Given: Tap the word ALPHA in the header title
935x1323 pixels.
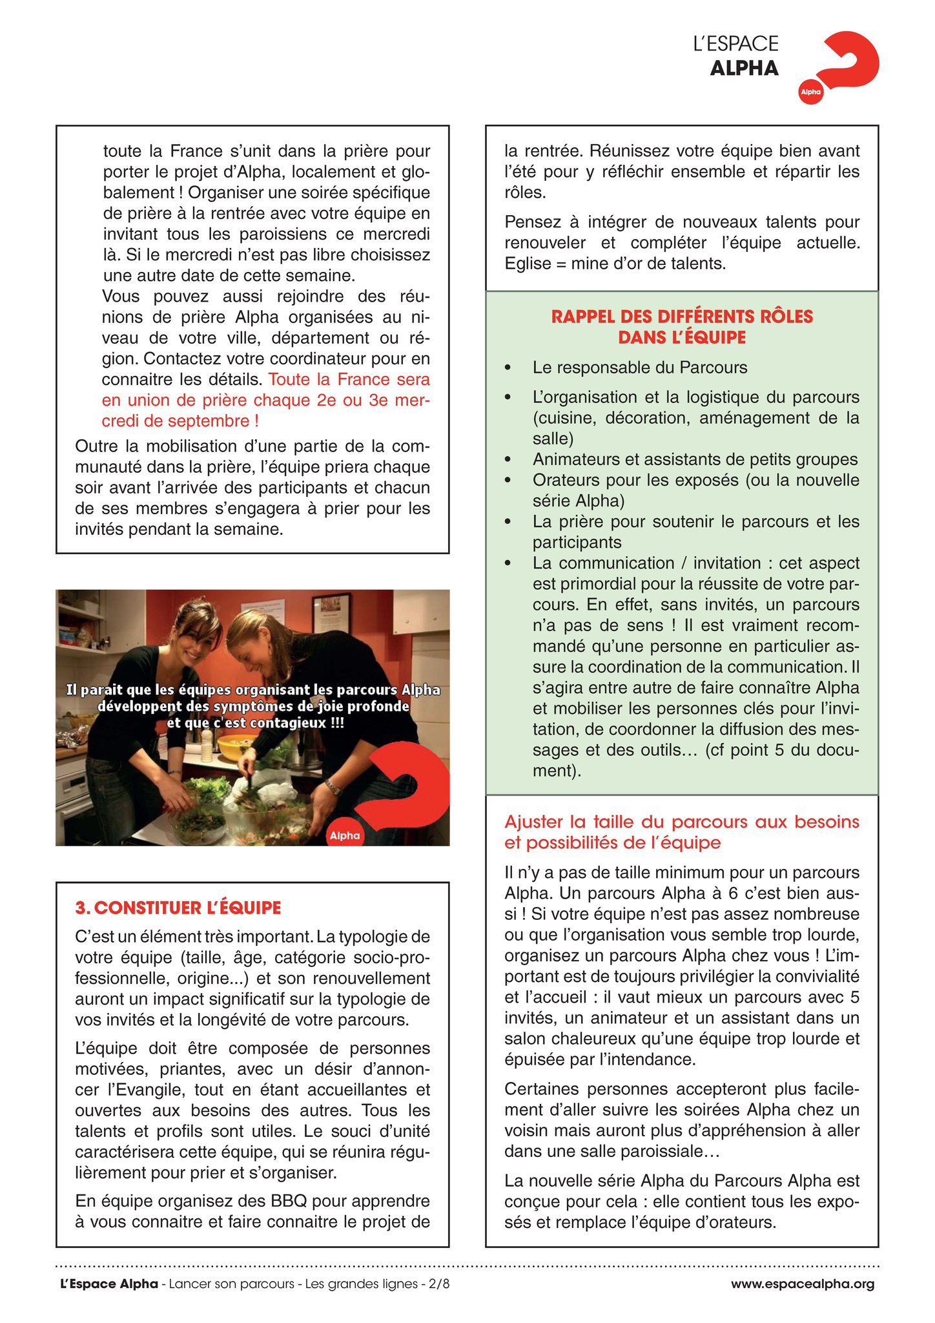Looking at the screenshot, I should point(744,68).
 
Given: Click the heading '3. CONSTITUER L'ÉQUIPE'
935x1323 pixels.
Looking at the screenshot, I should point(178,908).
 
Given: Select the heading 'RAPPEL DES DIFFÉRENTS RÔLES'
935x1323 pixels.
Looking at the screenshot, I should point(682,317).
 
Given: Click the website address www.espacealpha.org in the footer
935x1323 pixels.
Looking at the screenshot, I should point(803,1284).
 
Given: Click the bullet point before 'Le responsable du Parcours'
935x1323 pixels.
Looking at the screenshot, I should point(508,368).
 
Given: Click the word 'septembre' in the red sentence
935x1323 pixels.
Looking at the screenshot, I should point(216,421).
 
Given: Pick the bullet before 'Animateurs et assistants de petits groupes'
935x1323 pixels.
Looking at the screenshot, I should point(508,460).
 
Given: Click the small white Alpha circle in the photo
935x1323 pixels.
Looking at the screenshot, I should point(345,835).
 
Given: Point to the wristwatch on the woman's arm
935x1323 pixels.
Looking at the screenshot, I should point(333,786).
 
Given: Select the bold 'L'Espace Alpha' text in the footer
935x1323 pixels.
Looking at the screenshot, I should point(109,1284).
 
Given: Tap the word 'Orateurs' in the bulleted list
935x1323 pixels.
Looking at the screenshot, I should point(563,480).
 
